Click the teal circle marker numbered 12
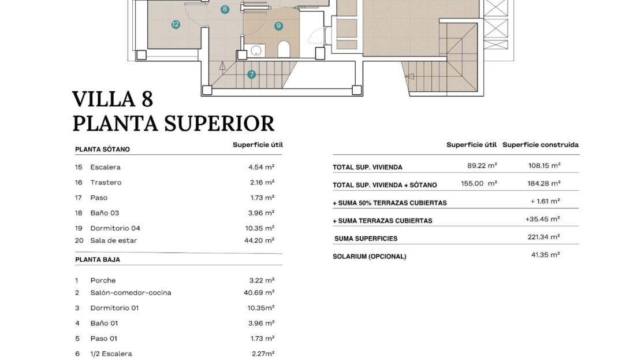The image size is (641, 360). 176,24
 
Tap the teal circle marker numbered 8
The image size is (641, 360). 225,9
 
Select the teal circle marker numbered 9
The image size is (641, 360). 278,26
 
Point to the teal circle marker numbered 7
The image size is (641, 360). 251,75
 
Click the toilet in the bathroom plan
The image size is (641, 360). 284,49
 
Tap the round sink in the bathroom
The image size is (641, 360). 256,51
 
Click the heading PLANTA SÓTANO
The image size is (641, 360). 102,149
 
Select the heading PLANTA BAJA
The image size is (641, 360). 97,260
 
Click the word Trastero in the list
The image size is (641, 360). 106,183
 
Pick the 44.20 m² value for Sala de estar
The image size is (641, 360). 259,240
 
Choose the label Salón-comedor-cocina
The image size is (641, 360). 131,292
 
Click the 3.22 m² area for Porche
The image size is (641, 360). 262,280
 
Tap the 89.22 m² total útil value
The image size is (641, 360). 482,166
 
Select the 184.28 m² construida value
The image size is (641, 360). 544,183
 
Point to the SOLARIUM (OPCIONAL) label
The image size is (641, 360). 370,257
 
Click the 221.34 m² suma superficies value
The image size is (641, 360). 544,237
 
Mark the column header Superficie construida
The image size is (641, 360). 541,145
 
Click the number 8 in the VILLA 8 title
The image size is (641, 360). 148,99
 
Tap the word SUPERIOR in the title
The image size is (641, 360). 219,124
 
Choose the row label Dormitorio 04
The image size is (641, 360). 115,228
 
